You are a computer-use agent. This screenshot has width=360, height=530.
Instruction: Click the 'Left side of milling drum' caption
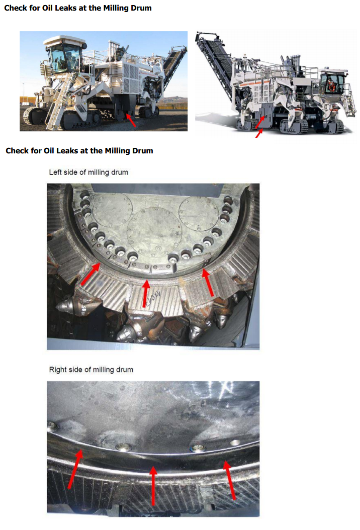pos(88,172)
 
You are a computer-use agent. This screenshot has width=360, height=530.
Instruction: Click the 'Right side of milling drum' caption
pos(92,370)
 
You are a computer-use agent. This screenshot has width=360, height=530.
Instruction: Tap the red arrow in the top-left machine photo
pos(131,120)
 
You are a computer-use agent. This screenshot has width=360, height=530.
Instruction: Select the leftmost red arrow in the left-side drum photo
pos(91,274)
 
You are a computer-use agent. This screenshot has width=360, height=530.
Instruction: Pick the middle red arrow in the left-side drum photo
pos(146,293)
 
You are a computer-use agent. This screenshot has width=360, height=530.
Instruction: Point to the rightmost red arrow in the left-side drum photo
pos(208,282)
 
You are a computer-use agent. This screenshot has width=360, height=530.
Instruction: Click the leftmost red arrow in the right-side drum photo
pos(75,469)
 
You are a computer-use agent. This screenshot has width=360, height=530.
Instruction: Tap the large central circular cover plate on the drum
pos(154,231)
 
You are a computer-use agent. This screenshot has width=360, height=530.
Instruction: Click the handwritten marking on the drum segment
pos(154,295)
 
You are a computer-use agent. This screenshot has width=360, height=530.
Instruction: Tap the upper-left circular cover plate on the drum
pos(112,210)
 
